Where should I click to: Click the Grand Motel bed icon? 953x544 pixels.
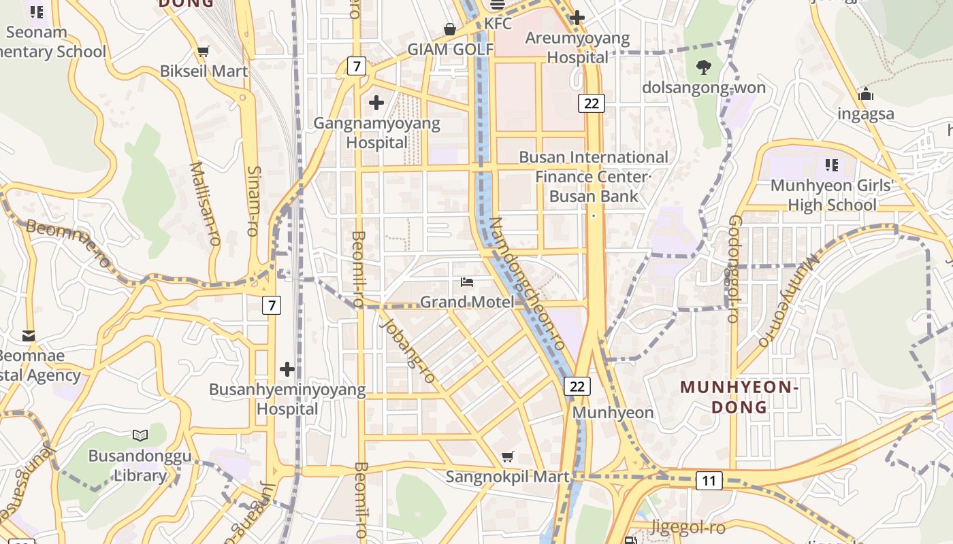click(x=467, y=282)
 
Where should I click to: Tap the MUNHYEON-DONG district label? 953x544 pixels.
click(x=739, y=397)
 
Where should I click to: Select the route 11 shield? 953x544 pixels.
click(x=709, y=481)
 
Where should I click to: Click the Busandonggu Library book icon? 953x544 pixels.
click(x=140, y=435)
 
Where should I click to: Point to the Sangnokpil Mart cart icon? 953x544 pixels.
click(x=507, y=456)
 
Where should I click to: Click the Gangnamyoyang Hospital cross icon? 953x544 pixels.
click(x=376, y=103)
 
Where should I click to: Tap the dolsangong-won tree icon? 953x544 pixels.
click(x=704, y=67)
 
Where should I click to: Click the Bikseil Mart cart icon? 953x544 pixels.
click(x=203, y=51)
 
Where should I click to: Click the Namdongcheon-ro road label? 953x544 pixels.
click(x=528, y=284)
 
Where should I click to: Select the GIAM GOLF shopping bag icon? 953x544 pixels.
click(x=450, y=29)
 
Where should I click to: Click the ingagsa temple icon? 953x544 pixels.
click(x=866, y=94)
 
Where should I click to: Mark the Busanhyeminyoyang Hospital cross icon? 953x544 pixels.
click(x=287, y=369)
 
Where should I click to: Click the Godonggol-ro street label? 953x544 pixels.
click(x=733, y=269)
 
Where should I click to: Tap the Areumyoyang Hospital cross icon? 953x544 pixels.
click(x=577, y=18)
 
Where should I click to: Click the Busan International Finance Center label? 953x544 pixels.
click(x=594, y=167)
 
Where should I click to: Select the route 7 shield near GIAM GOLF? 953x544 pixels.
click(x=357, y=66)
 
